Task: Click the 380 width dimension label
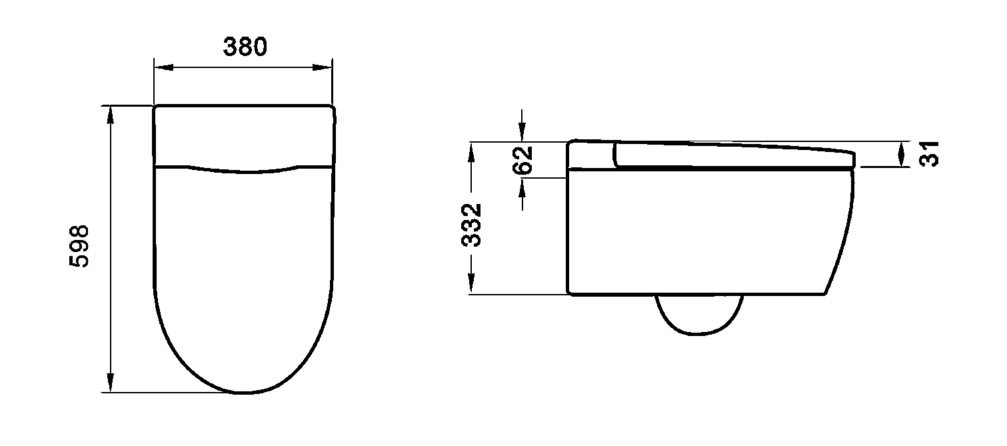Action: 245,47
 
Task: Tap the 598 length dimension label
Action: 79,247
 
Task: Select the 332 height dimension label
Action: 472,225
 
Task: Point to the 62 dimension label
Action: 522,160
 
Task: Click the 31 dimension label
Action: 929,154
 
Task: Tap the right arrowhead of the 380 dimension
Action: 323,67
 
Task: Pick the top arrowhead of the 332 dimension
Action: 471,151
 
